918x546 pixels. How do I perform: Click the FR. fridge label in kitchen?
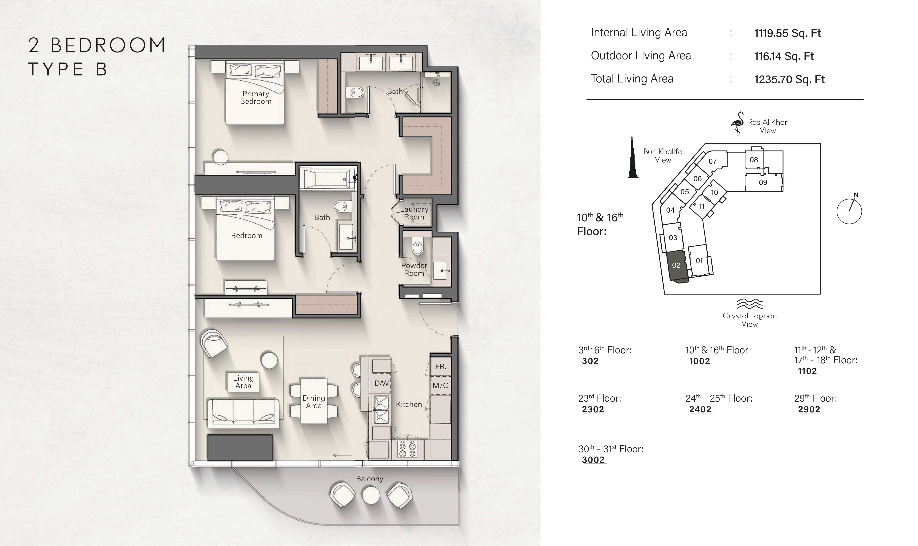pyautogui.click(x=440, y=366)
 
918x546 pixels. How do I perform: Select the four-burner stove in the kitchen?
pyautogui.click(x=407, y=450)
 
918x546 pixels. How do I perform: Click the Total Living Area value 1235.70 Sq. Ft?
pyautogui.click(x=789, y=80)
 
